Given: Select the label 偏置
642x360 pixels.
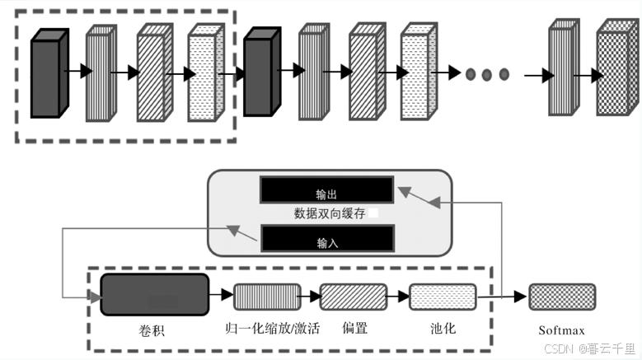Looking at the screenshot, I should click(354, 328).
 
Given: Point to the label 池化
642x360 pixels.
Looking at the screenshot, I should click(443, 328).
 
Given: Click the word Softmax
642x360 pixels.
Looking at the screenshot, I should click(562, 330).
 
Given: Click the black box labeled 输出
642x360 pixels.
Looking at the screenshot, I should click(326, 190).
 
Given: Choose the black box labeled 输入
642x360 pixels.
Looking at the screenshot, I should click(326, 239).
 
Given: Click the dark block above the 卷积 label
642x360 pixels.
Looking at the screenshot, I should click(154, 294).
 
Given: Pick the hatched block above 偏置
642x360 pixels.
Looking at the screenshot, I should click(353, 296).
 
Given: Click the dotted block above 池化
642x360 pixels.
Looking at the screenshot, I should click(443, 296).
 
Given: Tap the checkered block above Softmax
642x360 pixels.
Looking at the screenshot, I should click(562, 296).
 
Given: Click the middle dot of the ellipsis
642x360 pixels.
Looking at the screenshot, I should click(486, 75).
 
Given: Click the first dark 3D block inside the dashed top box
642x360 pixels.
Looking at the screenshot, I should click(46, 76).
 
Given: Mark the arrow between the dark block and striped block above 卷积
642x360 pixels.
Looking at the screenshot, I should click(221, 293).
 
